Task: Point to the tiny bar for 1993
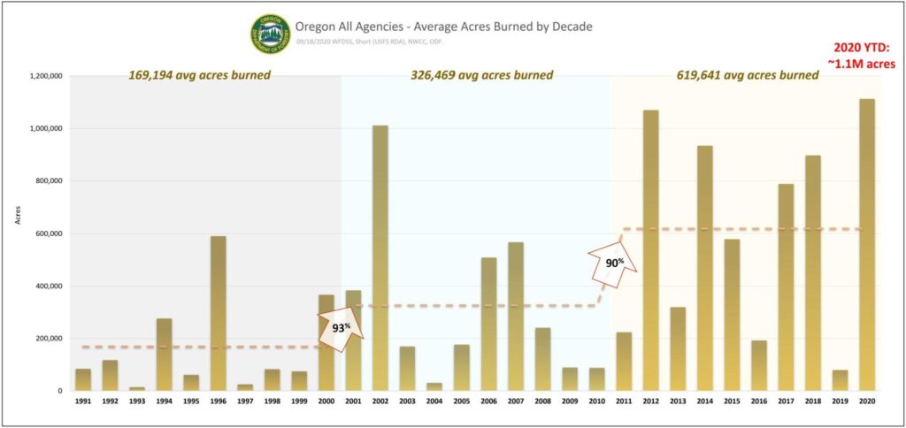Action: pos(137,388)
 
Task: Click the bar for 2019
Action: pos(840,380)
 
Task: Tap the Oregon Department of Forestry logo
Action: pos(270,34)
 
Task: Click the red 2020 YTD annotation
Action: pos(865,55)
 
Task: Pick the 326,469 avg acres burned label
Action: pos(482,75)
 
